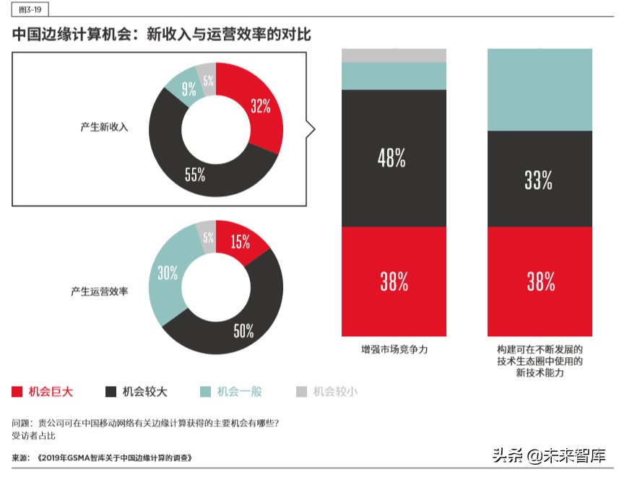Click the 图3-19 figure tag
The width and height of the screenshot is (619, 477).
tap(28, 10)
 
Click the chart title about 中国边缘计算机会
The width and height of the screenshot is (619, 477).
tap(161, 34)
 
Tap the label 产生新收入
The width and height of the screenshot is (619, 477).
tap(104, 127)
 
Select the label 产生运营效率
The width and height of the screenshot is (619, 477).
tap(99, 292)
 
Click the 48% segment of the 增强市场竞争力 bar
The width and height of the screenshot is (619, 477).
tap(394, 158)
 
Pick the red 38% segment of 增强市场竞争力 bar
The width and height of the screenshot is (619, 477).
tap(394, 281)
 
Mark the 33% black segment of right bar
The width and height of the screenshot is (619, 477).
tap(540, 180)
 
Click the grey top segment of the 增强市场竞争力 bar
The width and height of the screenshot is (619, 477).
tap(394, 55)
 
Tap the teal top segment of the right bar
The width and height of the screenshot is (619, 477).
tap(540, 89)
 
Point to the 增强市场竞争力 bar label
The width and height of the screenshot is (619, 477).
tap(394, 349)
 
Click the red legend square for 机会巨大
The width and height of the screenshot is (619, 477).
tap(17, 392)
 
